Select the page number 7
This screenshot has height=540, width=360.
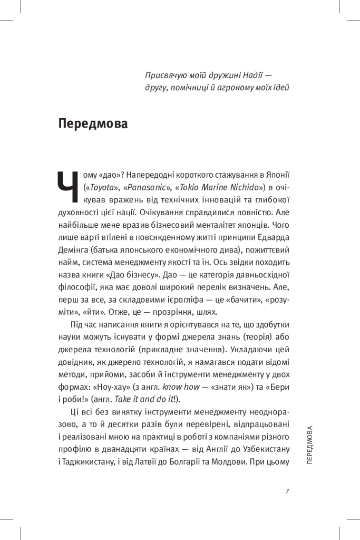287,491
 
